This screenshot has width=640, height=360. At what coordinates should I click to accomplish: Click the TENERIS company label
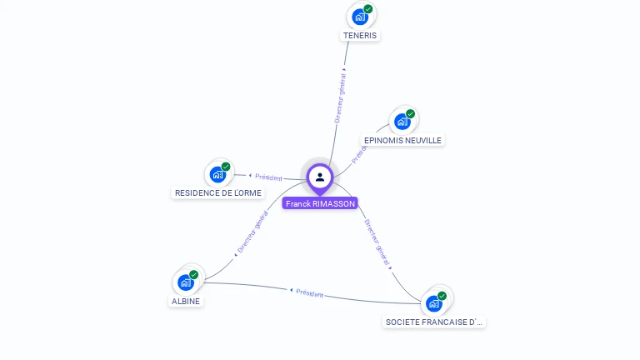pos(360,36)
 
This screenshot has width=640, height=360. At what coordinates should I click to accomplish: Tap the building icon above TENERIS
pos(359,17)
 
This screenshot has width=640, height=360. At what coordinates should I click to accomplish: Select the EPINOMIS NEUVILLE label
pos(402,140)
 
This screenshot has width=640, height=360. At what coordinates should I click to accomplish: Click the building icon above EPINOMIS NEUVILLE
pos(402,122)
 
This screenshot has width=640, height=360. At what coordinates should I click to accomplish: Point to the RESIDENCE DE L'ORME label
pos(217,192)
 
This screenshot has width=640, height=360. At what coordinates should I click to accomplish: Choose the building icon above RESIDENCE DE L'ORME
pos(217,174)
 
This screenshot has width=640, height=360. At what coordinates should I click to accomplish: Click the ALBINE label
pos(186,301)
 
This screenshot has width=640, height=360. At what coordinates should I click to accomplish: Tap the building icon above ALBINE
pos(185,282)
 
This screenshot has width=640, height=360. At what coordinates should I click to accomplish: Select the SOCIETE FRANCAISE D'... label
pos(434,322)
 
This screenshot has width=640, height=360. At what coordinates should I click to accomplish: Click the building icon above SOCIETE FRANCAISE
pos(433,303)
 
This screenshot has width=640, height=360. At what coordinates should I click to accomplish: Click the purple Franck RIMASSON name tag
pos(319,203)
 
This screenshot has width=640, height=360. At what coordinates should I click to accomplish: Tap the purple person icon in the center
pos(319,177)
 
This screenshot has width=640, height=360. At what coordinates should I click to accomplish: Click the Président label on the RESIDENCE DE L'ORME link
pos(268,177)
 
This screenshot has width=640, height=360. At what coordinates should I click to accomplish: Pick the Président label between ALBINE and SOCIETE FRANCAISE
pos(309,292)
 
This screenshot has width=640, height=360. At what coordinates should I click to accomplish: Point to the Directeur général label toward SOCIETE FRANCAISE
pos(377,242)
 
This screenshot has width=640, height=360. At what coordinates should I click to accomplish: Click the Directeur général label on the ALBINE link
pos(252,232)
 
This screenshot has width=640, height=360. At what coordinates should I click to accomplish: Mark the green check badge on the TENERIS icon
pos(368,9)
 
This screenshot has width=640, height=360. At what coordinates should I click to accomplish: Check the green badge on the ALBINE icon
pos(194,274)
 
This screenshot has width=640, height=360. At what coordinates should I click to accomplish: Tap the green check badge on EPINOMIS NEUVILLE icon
pos(411,114)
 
